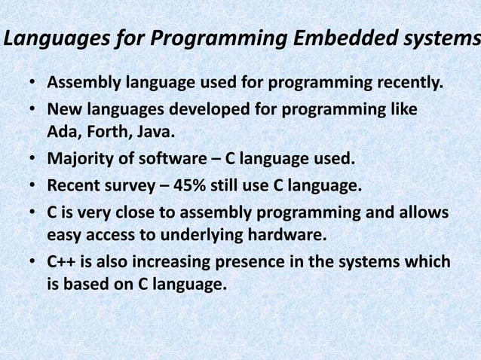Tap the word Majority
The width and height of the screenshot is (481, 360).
click(x=79, y=160)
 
